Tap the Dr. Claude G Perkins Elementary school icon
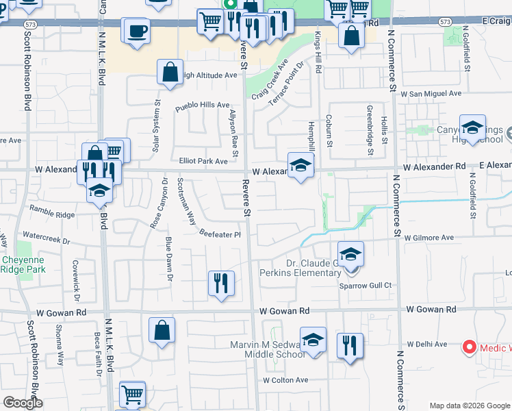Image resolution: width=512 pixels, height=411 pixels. pos(350,255)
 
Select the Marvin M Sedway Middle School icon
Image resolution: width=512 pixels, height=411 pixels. pos(313,340)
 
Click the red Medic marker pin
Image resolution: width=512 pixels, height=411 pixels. pos(470,347)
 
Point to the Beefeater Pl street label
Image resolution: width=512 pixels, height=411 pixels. pos(220,234)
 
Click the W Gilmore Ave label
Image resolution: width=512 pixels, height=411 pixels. pos(429,238)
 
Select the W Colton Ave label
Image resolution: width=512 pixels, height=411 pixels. pos(285,380)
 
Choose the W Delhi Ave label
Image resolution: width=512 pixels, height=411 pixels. pos(426,344)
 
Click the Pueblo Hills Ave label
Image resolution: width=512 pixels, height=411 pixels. pos(202,106)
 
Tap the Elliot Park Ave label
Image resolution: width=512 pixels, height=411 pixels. pos(203,162)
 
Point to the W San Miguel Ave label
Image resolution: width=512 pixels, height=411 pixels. pos(431,93)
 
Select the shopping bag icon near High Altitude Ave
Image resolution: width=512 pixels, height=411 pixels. pos(169,72)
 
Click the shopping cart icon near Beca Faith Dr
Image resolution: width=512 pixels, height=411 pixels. pos(132,394)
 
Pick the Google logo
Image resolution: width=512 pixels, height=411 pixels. pos(23,402)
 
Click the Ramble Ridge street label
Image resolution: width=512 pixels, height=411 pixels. pos(51,215)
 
